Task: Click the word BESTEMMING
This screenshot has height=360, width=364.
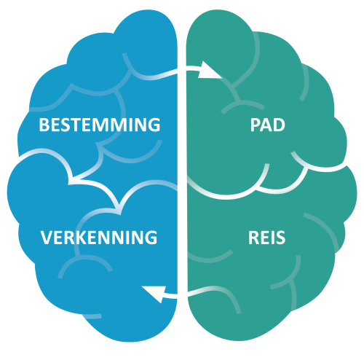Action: pos(100,125)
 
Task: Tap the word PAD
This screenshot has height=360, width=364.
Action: pos(268,125)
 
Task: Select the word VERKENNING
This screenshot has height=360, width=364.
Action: pos(99,238)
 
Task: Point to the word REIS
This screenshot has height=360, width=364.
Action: pos(266,238)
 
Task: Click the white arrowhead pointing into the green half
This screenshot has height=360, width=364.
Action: pos(208,71)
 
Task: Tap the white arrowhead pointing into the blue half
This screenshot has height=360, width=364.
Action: pos(155,294)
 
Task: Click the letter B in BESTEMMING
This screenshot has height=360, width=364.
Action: pos(44,125)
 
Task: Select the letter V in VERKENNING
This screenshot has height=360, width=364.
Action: pos(46,238)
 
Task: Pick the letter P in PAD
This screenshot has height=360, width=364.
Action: pos(255,125)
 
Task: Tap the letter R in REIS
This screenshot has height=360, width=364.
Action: pos(253,238)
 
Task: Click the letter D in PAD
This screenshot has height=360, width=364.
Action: pos(279,125)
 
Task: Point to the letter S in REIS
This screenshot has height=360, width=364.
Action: pos(280,238)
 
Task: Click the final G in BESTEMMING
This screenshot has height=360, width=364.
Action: pos(154,125)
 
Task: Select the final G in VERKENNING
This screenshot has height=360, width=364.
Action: pos(151,238)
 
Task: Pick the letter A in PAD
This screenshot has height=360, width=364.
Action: pos(266,125)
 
